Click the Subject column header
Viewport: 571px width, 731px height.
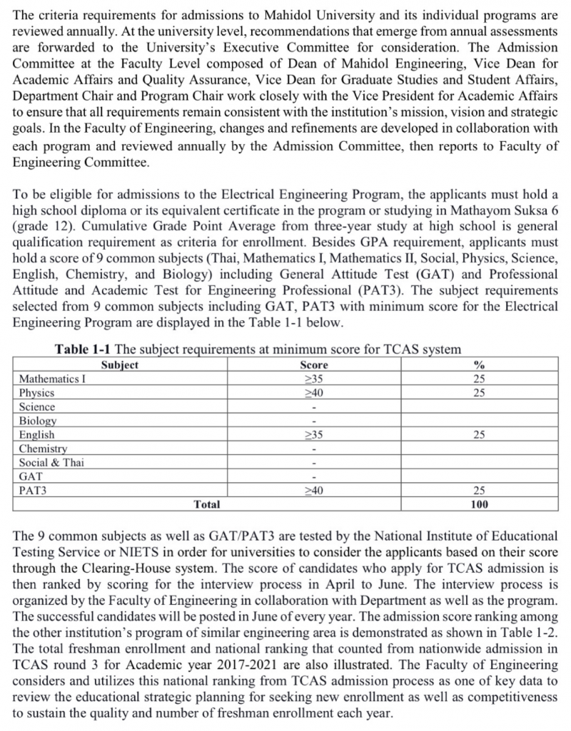coord(119,365)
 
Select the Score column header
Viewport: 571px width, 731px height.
coord(314,365)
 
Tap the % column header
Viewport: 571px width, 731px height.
coord(480,365)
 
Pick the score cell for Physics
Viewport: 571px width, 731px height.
coord(314,393)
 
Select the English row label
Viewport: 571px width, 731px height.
coord(37,434)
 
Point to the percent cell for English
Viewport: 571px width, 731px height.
coord(480,434)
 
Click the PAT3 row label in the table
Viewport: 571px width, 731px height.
coord(33,490)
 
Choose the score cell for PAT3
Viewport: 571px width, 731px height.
coord(314,490)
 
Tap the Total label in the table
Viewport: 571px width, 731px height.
coord(207,504)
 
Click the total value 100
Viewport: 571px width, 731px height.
coord(480,504)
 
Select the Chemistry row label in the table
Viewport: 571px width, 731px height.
coord(44,449)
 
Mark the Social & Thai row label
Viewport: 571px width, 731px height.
coord(51,462)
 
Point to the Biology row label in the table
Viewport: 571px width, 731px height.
coord(38,421)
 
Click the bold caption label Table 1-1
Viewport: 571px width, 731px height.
coord(83,349)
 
